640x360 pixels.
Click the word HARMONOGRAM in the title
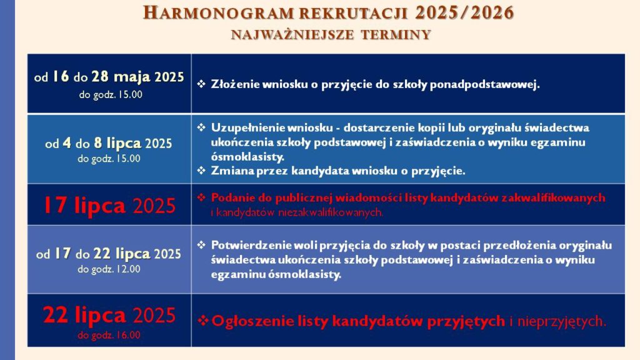point(219,13)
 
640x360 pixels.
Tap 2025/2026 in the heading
point(464,13)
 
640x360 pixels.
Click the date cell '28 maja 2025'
point(137,77)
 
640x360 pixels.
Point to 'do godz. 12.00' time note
point(109,269)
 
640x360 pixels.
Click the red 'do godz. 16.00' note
point(109,335)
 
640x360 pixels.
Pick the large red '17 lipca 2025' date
point(109,205)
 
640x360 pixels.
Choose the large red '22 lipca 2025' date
point(109,315)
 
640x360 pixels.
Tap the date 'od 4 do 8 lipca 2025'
point(109,143)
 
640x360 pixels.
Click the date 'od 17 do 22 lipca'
point(94,254)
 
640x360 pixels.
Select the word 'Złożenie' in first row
point(235,84)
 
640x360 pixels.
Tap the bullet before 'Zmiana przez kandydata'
point(201,170)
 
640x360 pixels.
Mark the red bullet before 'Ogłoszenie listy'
point(203,321)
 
